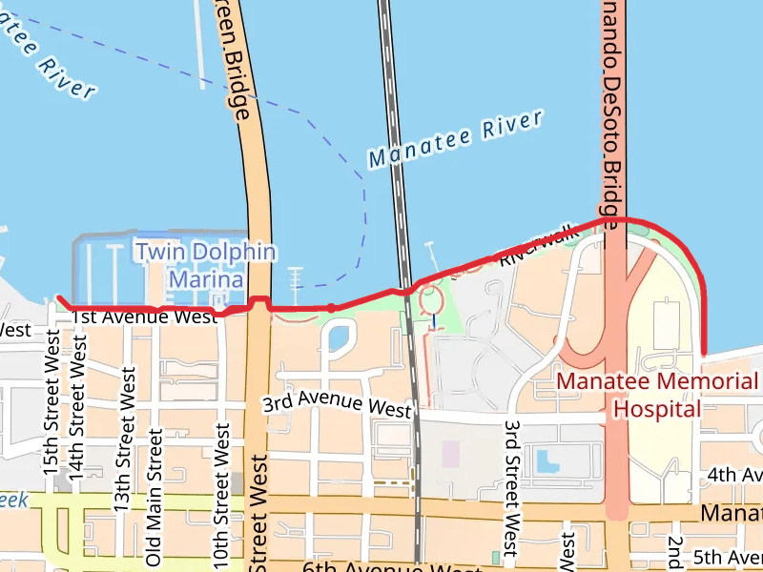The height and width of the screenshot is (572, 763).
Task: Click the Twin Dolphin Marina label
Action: [205, 266]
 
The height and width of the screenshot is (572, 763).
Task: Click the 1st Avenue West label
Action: [144, 317]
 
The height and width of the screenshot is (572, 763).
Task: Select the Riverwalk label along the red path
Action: [540, 244]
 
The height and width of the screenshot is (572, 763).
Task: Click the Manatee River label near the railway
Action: [455, 139]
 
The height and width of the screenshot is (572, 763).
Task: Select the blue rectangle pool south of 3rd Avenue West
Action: [547, 461]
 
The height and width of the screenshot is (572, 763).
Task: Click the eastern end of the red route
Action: [704, 353]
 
